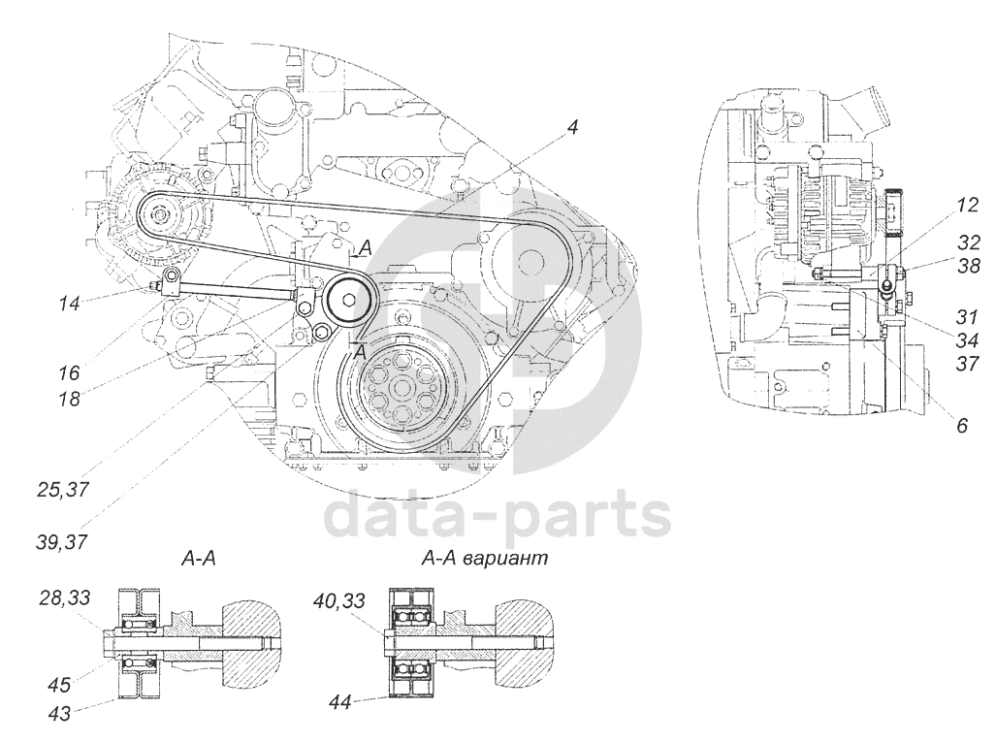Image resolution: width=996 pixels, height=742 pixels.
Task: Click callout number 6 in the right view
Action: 961,424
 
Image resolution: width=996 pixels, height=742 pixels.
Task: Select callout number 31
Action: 966,316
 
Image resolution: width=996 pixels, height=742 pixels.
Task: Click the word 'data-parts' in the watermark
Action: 496,514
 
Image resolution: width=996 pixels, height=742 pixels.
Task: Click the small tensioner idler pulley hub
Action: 347,300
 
